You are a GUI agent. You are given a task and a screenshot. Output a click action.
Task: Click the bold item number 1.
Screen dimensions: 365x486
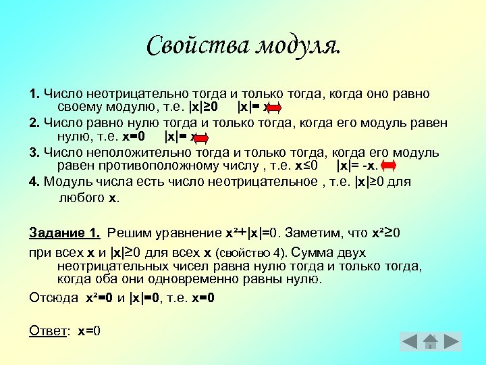pos(34,93)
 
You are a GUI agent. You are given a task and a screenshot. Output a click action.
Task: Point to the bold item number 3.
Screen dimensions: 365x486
pos(34,151)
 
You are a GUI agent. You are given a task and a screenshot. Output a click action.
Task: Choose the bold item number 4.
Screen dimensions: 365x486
pos(34,181)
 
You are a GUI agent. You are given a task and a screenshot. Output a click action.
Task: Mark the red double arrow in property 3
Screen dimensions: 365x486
pos(389,166)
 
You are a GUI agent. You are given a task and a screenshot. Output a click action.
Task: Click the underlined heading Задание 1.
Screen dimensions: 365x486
pos(65,233)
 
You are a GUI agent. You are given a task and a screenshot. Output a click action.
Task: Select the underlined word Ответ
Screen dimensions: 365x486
pos(50,331)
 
